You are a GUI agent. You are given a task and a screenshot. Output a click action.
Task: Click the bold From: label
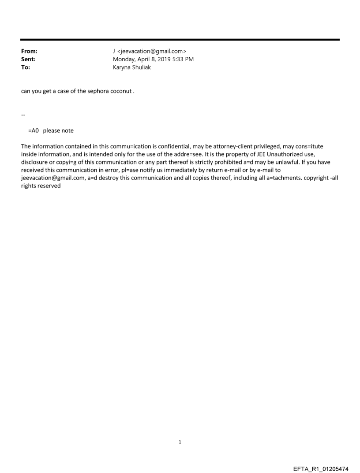coord(29,52)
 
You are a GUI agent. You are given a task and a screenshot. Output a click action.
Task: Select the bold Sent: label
coord(28,60)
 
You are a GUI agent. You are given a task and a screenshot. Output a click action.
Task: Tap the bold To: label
coord(26,67)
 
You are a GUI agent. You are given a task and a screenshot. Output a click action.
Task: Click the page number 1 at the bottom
coord(180,442)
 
